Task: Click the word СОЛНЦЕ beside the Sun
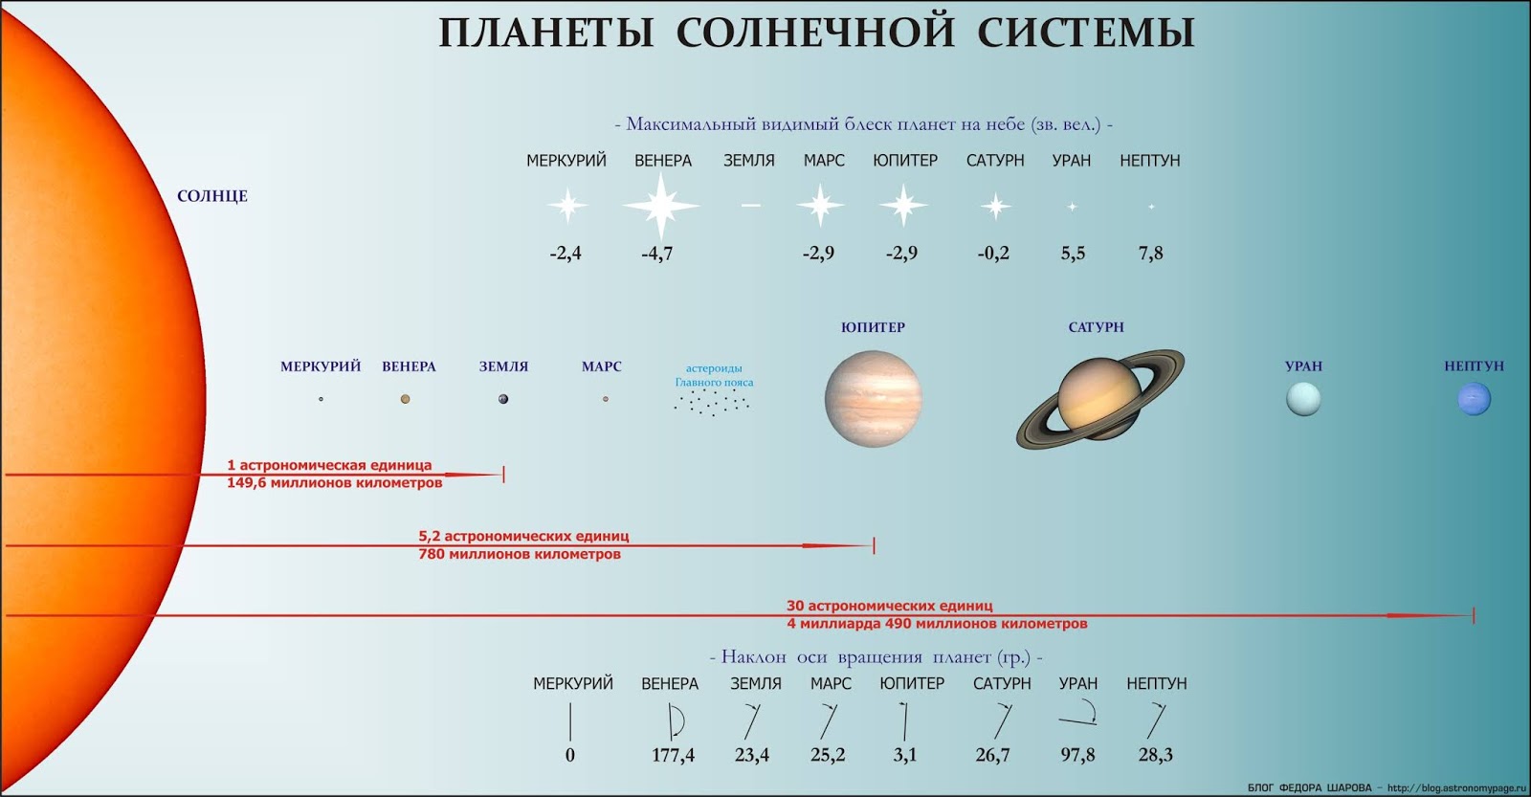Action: (x=211, y=196)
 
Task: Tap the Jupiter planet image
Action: (x=873, y=398)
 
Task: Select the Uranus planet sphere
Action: (x=1303, y=398)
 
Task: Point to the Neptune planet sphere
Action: (x=1474, y=398)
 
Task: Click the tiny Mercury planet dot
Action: (x=321, y=399)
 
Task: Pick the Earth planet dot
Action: (x=503, y=399)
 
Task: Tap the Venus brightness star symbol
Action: (x=661, y=206)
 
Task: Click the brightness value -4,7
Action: (x=656, y=254)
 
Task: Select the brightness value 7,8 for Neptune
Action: (x=1150, y=254)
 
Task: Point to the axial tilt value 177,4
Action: (x=673, y=755)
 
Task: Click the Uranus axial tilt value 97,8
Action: (x=1077, y=755)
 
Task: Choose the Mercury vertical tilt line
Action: (x=570, y=721)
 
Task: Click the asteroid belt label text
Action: (x=714, y=375)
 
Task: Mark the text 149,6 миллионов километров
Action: (x=335, y=483)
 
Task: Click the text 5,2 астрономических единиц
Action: (x=523, y=537)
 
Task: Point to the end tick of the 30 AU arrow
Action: (x=1474, y=615)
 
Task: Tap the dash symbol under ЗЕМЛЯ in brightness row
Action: (x=750, y=205)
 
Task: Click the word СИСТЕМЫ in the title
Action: (x=1086, y=33)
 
